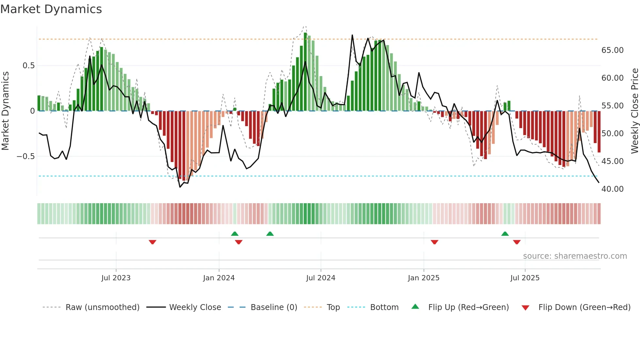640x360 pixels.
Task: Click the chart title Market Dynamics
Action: pos(51,9)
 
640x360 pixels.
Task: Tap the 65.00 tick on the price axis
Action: pos(612,50)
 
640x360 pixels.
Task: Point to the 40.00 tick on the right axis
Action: pos(612,189)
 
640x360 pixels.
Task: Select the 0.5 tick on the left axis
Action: pos(28,66)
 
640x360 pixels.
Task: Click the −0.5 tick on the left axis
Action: pos(25,156)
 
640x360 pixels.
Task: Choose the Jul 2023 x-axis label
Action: pos(116,278)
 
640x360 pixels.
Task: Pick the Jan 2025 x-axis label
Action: pos(424,278)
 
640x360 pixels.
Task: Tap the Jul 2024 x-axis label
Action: pos(321,278)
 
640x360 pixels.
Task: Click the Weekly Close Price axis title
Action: pos(634,111)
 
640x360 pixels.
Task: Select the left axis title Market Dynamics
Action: pos(5,111)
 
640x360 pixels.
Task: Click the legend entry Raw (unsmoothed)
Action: pos(102,307)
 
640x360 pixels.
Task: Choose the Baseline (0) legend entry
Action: pos(274,307)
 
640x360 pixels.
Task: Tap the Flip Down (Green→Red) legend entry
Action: pos(584,307)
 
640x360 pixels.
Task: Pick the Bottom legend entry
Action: pos(384,307)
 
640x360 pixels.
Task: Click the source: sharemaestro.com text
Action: pos(575,256)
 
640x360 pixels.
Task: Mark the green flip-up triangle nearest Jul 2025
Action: pos(505,234)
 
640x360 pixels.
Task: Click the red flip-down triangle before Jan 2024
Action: pos(152,242)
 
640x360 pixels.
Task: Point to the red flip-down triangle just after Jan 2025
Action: pos(434,242)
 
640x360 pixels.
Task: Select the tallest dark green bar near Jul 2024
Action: pos(305,72)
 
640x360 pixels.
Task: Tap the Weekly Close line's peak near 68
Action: pos(352,35)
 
